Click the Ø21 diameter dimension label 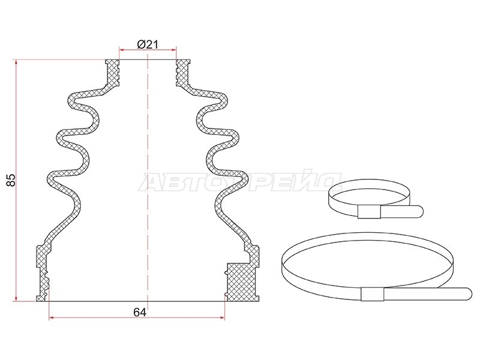[x=148, y=45]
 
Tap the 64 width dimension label [x=140, y=312]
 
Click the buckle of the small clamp [x=369, y=212]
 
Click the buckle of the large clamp [x=372, y=294]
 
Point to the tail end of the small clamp [x=419, y=212]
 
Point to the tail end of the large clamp [x=469, y=294]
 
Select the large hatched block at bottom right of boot [x=242, y=282]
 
